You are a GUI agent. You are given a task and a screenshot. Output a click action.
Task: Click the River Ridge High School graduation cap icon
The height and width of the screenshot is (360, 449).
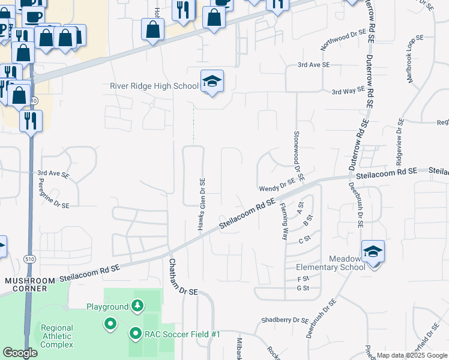pyautogui.click(x=211, y=82)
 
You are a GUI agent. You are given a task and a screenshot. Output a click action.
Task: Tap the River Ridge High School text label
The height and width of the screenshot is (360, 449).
pyautogui.click(x=154, y=86)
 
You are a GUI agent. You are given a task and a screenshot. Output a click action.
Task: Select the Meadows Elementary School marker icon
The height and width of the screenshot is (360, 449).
pyautogui.click(x=373, y=251)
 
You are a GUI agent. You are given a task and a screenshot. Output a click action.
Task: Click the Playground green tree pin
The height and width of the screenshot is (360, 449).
pyautogui.click(x=137, y=307)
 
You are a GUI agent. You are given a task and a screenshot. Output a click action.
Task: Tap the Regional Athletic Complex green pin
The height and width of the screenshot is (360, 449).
pyautogui.click(x=110, y=324)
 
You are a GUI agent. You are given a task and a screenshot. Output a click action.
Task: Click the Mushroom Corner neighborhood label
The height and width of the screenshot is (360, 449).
pyautogui.click(x=25, y=284)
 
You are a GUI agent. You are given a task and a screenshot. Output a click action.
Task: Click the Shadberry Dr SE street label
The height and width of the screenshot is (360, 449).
pyautogui.click(x=285, y=320)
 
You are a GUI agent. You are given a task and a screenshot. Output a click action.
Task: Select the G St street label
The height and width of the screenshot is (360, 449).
pyautogui.click(x=303, y=289)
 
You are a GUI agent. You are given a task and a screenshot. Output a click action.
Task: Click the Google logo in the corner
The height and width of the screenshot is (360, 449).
pyautogui.click(x=20, y=353)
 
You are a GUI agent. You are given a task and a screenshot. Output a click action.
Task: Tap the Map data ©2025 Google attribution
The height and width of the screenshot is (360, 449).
pyautogui.click(x=411, y=355)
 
